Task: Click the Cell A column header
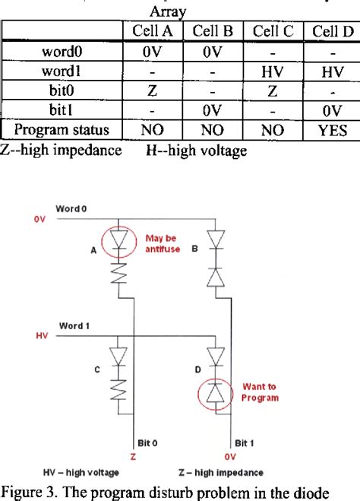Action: coord(154,31)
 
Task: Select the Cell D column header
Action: coord(330,31)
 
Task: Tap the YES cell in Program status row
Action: coord(330,130)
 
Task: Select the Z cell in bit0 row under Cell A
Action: coord(154,90)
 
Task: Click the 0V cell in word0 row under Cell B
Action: coord(215,51)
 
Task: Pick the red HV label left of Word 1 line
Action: coord(41,335)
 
